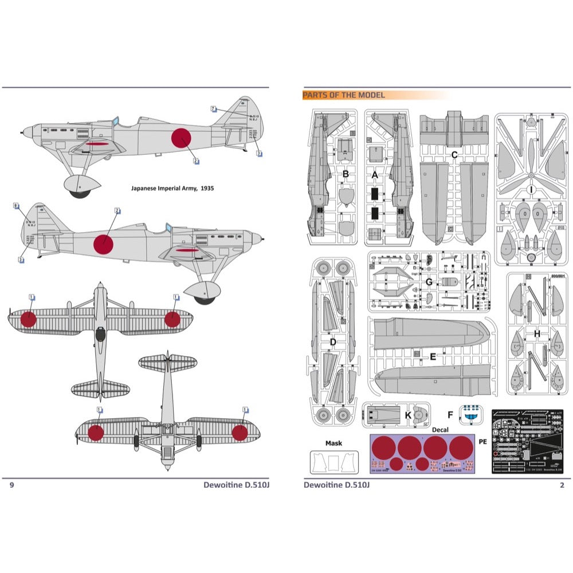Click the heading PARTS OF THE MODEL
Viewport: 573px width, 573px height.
[x=344, y=95]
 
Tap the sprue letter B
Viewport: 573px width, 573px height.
[x=346, y=173]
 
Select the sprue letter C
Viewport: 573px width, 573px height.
[x=454, y=154]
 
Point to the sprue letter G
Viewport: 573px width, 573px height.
[x=428, y=282]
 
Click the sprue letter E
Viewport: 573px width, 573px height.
[x=433, y=356]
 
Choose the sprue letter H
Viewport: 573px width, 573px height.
[x=536, y=333]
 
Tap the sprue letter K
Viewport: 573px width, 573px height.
[x=407, y=414]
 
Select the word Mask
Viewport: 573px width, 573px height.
[x=333, y=443]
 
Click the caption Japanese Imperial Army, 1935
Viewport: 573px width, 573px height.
[x=172, y=188]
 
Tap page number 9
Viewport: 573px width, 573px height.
[x=11, y=485]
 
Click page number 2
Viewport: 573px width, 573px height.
[x=562, y=485]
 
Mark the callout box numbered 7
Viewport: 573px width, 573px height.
[x=213, y=108]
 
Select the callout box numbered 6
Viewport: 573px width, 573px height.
[x=16, y=205]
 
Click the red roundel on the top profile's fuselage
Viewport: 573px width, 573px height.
[x=181, y=138]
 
